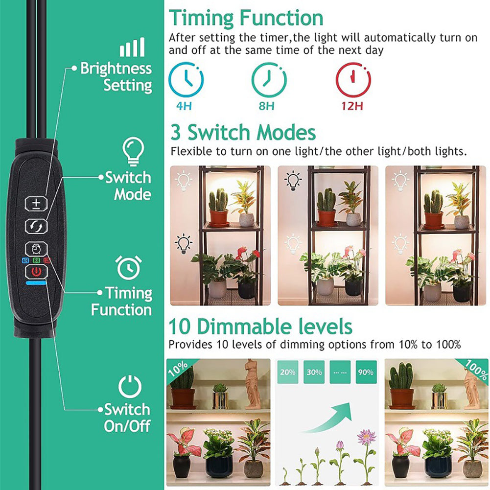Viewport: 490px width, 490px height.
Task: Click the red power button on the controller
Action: (x=36, y=271)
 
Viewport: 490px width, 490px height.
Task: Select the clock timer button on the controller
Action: (x=36, y=249)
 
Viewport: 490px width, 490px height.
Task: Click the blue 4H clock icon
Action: (x=186, y=80)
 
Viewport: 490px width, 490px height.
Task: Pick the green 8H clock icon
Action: (x=269, y=80)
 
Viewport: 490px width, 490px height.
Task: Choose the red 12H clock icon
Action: (x=352, y=80)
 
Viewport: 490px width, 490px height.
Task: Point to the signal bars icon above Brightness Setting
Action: (x=132, y=47)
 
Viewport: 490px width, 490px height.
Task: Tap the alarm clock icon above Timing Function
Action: (x=128, y=267)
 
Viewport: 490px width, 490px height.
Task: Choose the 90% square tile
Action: (x=366, y=372)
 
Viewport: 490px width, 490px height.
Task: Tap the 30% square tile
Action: (x=314, y=372)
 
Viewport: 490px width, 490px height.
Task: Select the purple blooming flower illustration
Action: (x=365, y=437)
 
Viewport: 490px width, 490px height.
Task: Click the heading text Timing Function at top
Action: (x=246, y=19)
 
